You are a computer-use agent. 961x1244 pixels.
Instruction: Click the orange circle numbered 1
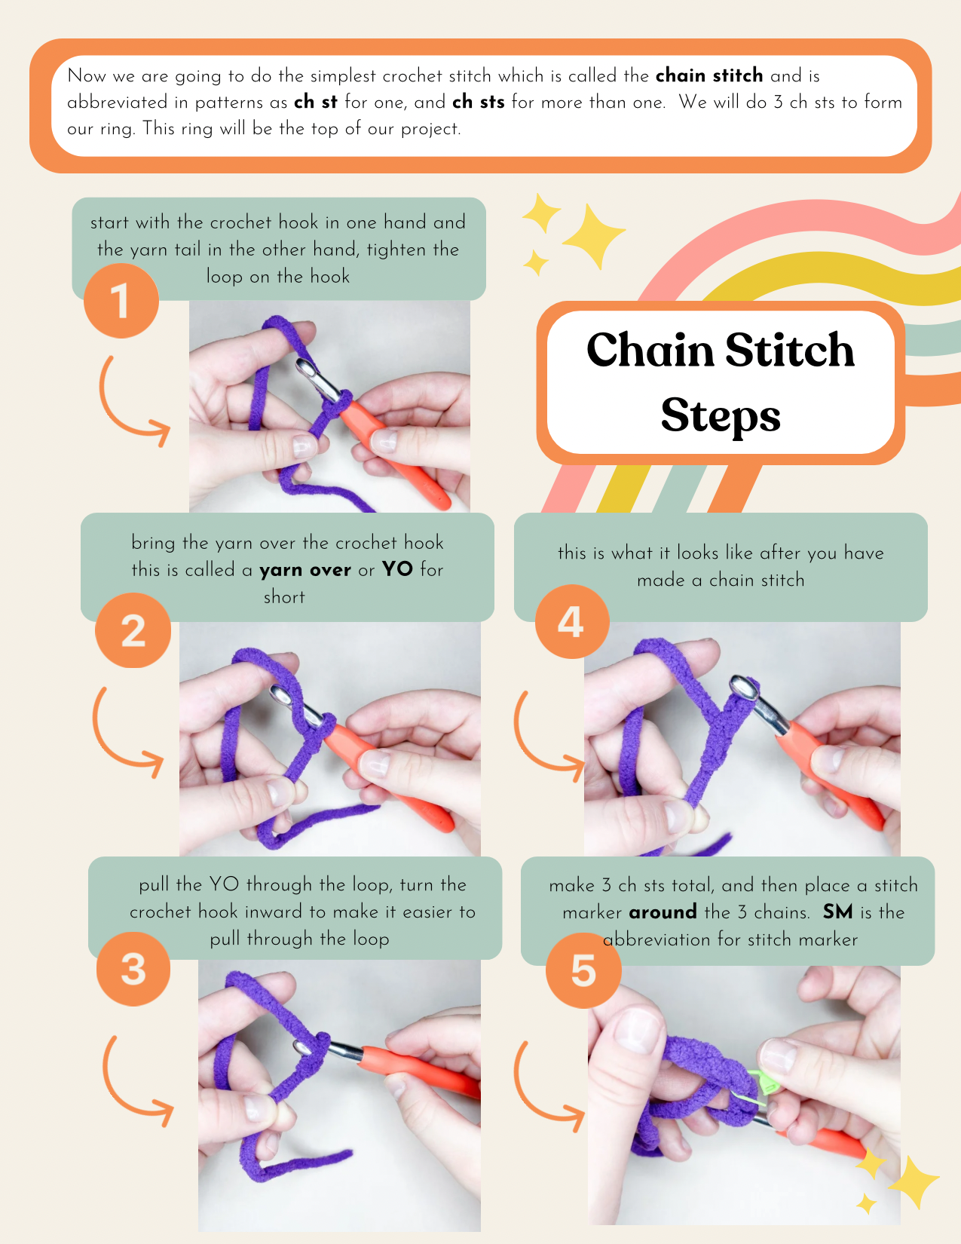(121, 301)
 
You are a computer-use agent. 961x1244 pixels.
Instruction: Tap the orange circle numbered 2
(133, 630)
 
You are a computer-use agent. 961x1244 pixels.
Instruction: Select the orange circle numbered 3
(133, 969)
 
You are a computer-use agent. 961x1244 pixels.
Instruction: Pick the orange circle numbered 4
(572, 621)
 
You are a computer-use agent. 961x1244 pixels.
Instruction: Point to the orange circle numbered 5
(583, 970)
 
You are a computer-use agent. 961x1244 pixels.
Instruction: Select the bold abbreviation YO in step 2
(397, 569)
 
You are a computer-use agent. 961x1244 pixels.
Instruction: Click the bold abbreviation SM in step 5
(838, 912)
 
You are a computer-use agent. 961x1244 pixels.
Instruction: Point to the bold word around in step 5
(663, 912)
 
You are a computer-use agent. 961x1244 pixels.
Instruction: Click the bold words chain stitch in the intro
(709, 75)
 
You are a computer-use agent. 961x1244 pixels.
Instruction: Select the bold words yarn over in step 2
(305, 570)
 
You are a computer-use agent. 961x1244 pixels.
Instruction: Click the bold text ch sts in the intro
(479, 102)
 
